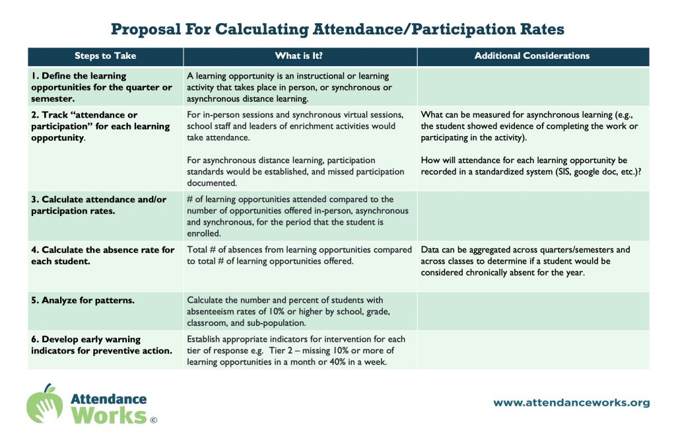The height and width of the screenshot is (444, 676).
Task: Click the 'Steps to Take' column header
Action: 105,55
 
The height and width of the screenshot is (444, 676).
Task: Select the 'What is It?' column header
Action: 299,55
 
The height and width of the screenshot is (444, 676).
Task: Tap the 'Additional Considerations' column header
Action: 532,55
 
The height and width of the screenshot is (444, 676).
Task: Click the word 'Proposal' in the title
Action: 146,29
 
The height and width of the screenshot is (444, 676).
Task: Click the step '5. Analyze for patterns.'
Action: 83,301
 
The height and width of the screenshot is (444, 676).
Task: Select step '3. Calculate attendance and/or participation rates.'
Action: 99,205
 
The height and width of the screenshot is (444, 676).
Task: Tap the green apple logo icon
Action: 44,404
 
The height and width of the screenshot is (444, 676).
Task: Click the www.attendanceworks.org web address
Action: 572,402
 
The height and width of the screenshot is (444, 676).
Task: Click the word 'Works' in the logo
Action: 109,416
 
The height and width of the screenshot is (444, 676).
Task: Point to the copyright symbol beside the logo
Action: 153,420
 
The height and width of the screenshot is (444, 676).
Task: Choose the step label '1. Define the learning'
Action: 79,76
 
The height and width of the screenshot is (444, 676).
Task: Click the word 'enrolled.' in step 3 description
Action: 204,233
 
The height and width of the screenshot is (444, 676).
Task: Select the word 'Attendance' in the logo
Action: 109,398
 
